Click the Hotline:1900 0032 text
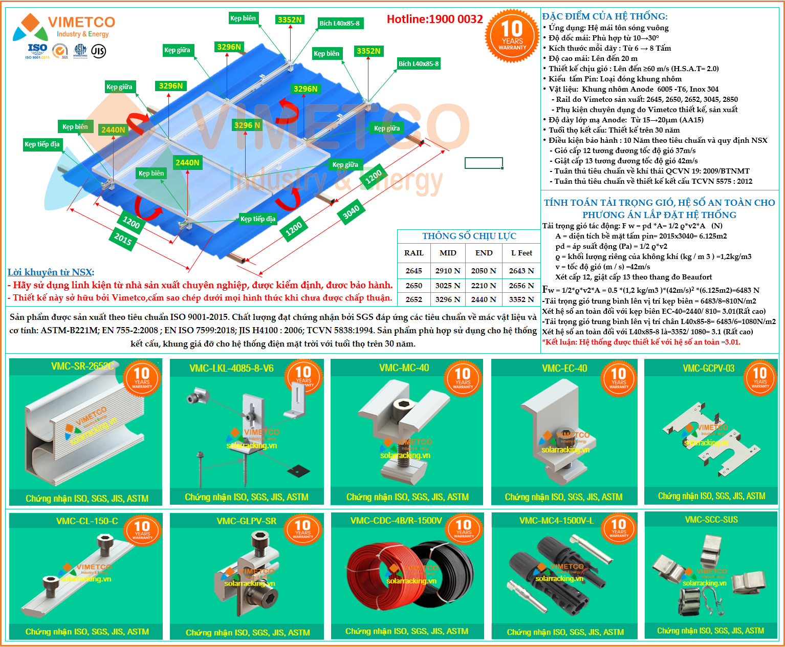click(434, 19)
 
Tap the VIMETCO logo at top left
click(64, 27)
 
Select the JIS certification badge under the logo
click(98, 51)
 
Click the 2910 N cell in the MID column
click(448, 271)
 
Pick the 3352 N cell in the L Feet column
click(521, 299)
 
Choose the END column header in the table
click(484, 253)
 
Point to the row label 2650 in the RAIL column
click(413, 286)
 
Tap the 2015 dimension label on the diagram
click(123, 239)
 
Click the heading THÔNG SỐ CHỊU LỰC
click(469, 236)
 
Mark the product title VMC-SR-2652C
click(82, 366)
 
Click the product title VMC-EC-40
click(564, 368)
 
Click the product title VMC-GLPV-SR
click(246, 521)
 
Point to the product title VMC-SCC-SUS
click(711, 520)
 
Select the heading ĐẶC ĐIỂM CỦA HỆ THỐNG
click(605, 16)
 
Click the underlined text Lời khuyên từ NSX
click(50, 272)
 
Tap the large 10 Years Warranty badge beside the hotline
click(512, 35)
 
